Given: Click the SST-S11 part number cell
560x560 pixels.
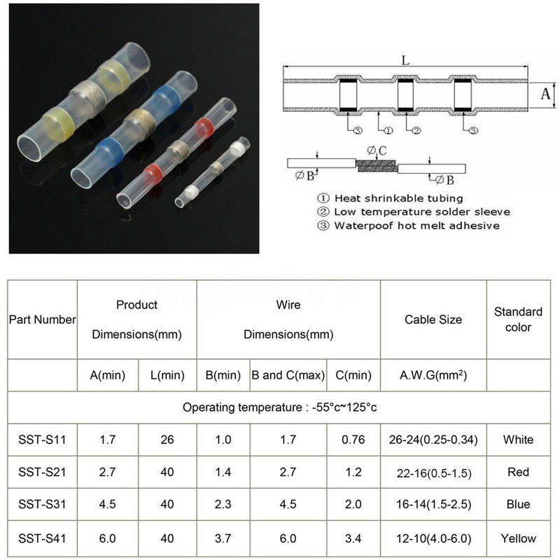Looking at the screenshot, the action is (x=42, y=440).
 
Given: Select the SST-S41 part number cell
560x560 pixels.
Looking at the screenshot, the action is (x=42, y=538).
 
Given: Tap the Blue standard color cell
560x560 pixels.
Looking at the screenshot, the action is (x=518, y=505).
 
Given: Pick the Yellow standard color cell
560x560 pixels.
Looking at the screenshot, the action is (x=518, y=538).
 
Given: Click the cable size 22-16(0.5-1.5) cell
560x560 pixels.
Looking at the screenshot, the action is (x=433, y=472).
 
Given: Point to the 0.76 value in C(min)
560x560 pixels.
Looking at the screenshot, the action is (x=353, y=440).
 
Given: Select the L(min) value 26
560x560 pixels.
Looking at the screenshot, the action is (x=167, y=440).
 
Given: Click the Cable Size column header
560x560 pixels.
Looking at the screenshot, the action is (x=433, y=319).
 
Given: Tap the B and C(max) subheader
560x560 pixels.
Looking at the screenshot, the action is (x=288, y=375).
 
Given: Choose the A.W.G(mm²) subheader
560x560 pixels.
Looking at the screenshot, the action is (x=433, y=375).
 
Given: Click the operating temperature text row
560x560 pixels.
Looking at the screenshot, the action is (x=280, y=407).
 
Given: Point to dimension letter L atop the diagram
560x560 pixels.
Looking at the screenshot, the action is (x=405, y=61).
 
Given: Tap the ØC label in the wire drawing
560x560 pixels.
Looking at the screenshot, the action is (x=377, y=150).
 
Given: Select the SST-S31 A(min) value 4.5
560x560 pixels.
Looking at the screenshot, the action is (x=108, y=505).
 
